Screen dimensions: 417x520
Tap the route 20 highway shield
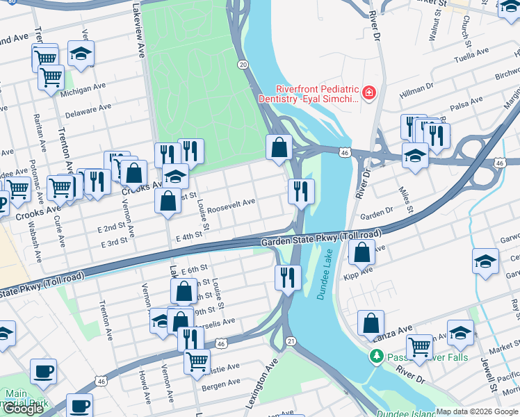coord(243,64)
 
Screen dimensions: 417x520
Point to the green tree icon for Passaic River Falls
coord(376,357)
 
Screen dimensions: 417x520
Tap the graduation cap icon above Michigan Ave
coord(81,54)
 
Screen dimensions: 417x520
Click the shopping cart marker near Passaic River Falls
coord(419,345)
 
